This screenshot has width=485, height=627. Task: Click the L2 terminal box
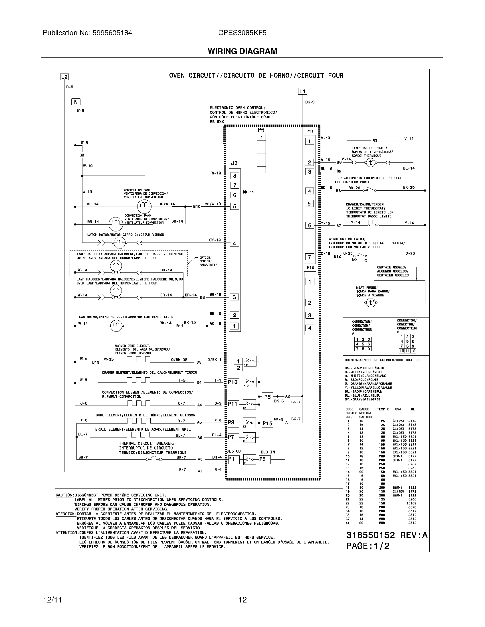pyautogui.click(x=64, y=77)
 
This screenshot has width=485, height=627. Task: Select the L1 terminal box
pyautogui.click(x=302, y=91)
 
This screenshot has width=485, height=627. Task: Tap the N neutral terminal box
pyautogui.click(x=76, y=102)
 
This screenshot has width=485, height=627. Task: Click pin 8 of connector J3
pyautogui.click(x=235, y=176)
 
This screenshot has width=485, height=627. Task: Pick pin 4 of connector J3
pyautogui.click(x=235, y=243)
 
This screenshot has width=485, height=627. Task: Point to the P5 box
pyautogui.click(x=268, y=397)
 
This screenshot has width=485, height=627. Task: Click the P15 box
pyautogui.click(x=268, y=424)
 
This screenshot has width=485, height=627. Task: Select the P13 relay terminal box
pyautogui.click(x=233, y=382)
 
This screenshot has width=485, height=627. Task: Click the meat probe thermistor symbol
pyautogui.click(x=370, y=303)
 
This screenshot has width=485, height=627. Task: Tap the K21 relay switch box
pyautogui.click(x=249, y=361)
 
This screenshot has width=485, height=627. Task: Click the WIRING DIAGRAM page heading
pyautogui.click(x=242, y=51)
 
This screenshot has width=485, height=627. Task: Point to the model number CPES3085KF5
pyautogui.click(x=242, y=33)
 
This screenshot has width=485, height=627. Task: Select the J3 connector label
pyautogui.click(x=235, y=163)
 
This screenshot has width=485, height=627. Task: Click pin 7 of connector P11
pyautogui.click(x=310, y=257)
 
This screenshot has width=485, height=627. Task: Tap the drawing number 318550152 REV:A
pyautogui.click(x=387, y=536)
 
